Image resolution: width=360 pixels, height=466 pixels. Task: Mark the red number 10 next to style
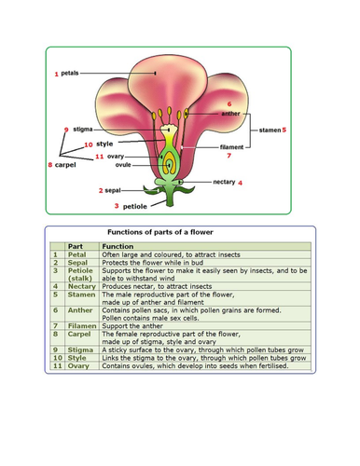point(86,145)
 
